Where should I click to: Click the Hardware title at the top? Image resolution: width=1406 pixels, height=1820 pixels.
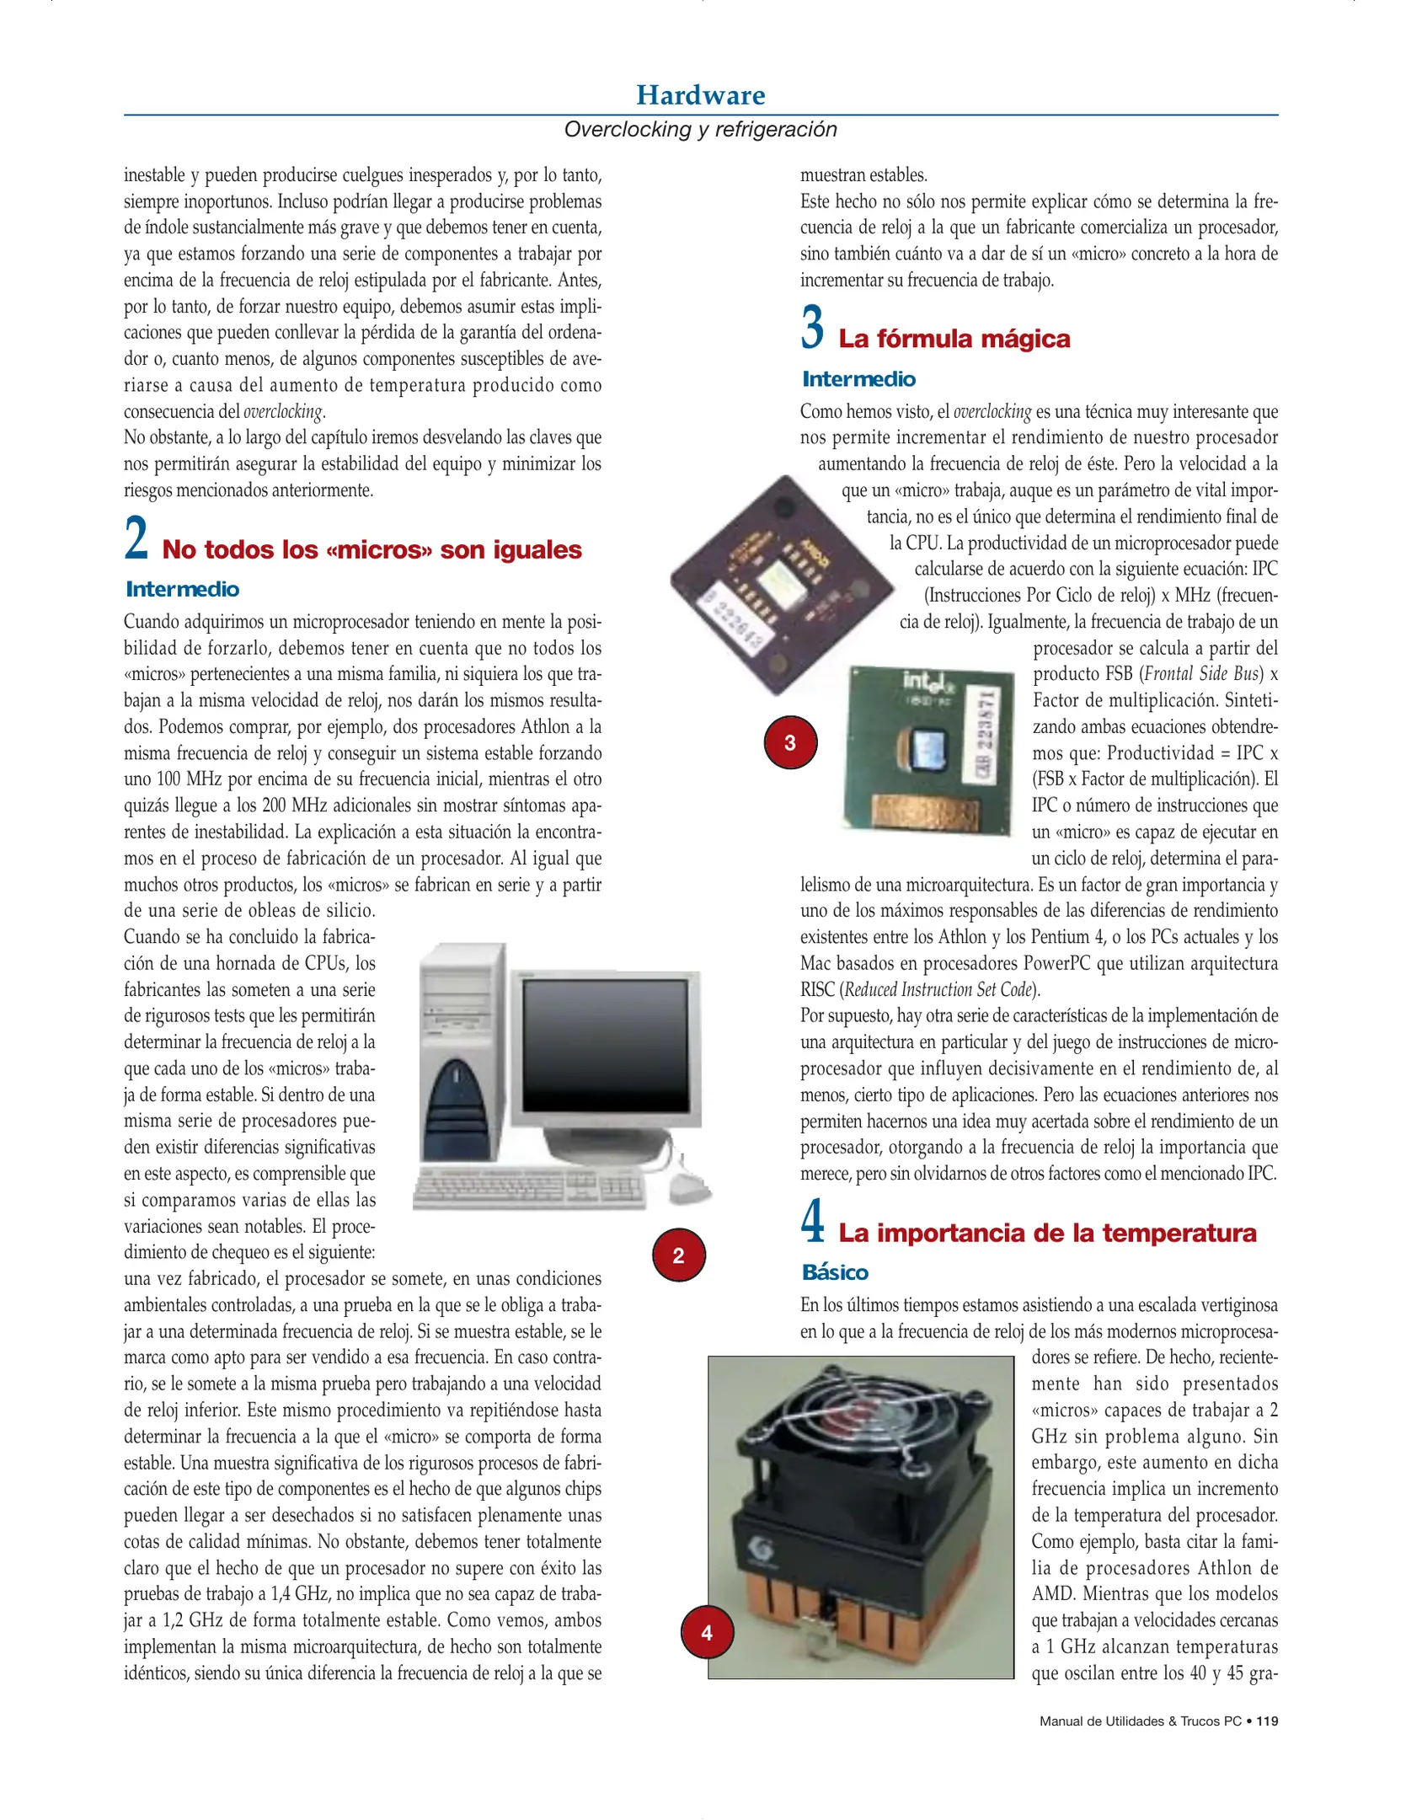coord(700,95)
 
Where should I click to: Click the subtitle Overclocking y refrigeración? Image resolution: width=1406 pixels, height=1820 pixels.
coord(700,129)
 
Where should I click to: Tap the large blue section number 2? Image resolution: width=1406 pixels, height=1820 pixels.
coord(136,539)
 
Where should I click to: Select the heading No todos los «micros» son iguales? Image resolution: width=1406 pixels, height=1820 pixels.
coord(372,549)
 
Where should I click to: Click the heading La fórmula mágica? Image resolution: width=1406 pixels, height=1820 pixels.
coord(954,339)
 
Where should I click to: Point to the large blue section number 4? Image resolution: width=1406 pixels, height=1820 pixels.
coord(812,1222)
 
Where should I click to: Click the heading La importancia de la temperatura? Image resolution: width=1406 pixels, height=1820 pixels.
coord(1046,1233)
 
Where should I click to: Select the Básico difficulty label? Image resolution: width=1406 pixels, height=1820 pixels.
coord(834,1272)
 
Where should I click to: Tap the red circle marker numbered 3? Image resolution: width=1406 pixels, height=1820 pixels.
coord(789,742)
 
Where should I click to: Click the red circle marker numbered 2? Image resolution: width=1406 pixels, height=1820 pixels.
coord(678,1255)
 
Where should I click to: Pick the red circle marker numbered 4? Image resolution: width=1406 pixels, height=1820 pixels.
coord(706,1632)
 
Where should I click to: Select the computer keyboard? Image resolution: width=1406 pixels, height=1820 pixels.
coord(529,1188)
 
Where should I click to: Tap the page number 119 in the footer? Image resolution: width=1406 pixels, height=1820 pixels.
coord(1266,1721)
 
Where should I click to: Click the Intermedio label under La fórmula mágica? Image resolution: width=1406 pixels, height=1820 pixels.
coord(858,379)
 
